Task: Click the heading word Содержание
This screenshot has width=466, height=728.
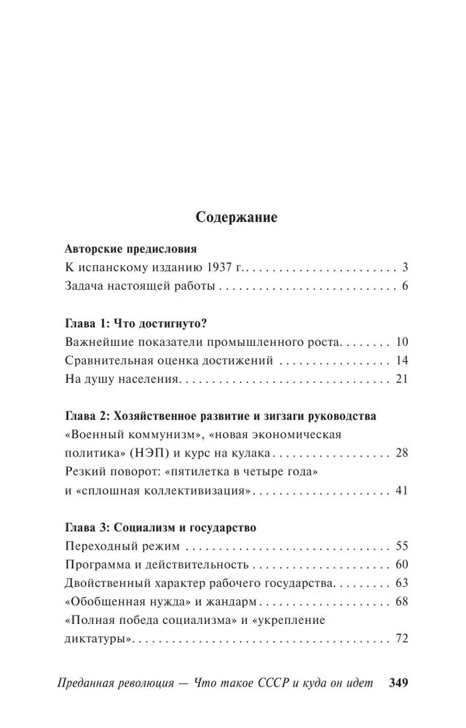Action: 237,217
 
